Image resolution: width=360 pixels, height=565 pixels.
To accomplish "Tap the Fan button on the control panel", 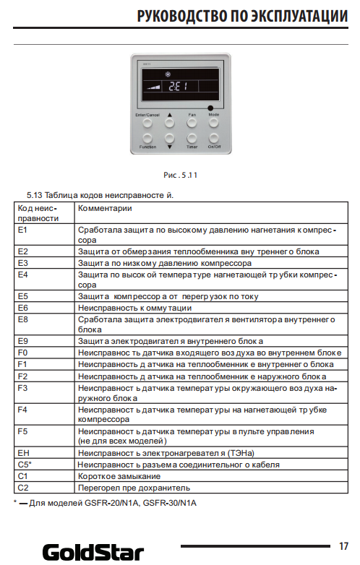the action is [192, 123].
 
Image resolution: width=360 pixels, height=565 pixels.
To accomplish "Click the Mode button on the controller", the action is [214, 123].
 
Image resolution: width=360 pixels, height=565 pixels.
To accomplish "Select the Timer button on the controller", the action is [192, 139].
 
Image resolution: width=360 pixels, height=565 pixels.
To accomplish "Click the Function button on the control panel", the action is [147, 139].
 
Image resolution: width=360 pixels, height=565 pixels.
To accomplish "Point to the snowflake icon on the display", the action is [168, 74].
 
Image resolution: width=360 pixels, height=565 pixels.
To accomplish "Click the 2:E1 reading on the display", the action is [178, 86].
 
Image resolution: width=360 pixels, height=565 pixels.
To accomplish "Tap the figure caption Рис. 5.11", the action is [180, 175].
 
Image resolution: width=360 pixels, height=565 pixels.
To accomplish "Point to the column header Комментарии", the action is [105, 208].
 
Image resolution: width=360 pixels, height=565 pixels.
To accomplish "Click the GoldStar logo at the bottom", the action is [93, 553].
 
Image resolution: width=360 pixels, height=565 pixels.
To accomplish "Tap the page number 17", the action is [343, 546].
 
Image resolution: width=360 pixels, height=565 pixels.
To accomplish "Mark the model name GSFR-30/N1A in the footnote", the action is [170, 503].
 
